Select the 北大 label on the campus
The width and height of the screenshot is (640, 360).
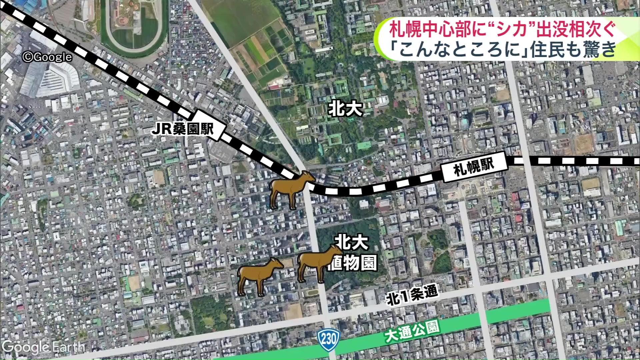pos(345,109)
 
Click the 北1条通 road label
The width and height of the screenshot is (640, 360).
pos(412,295)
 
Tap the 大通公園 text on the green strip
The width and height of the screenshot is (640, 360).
pos(412,331)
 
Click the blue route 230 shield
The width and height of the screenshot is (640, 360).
pos(329,339)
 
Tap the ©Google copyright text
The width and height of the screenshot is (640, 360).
pos(47,57)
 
